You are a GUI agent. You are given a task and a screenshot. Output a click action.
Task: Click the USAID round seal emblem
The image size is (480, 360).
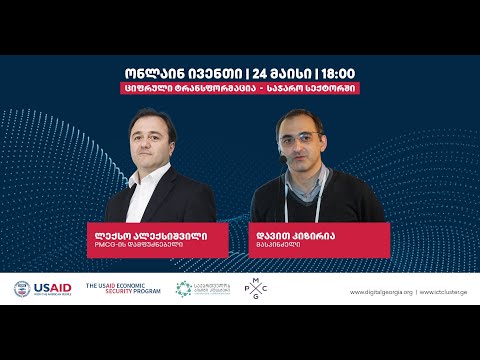click(22, 289)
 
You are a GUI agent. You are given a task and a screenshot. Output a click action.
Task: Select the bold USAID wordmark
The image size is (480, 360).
click(52, 287)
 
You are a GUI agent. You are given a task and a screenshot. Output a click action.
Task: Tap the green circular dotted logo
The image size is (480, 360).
click(183, 289)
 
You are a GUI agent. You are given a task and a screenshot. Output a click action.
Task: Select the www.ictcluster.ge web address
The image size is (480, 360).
click(441, 292)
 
